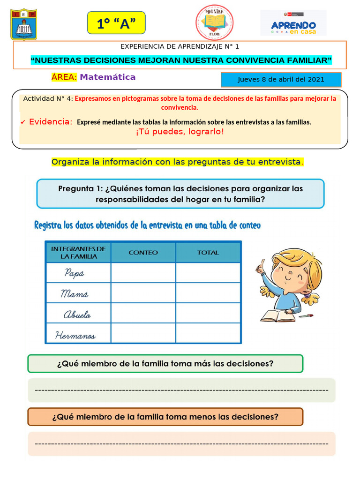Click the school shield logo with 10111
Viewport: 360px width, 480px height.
pos(24,25)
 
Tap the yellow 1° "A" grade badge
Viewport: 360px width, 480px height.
pos(116,23)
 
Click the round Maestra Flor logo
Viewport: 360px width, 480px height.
pos(214,22)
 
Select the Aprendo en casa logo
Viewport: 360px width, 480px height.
pos(293,23)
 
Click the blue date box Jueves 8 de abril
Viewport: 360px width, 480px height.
pos(281,79)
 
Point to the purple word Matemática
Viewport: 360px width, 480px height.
pos(107,77)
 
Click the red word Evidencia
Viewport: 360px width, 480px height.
pos(51,122)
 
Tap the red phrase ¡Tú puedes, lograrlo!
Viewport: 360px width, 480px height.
pos(180,131)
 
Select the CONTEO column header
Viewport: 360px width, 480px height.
pos(143,252)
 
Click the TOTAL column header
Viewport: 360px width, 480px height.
pos(208,252)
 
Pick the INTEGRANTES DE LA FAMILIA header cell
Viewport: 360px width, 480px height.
pos(78,252)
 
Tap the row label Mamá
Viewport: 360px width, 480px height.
pos(75,294)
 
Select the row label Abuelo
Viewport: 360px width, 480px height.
pos(77,315)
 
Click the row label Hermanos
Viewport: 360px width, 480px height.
pos(75,335)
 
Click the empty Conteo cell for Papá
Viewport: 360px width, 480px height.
pos(143,273)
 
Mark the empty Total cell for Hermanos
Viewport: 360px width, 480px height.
pos(208,333)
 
